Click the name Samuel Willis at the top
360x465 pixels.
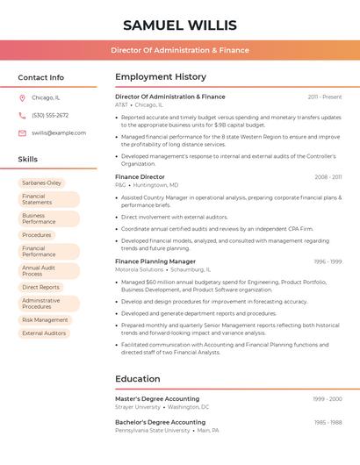click(180, 25)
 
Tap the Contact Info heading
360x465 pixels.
click(40, 77)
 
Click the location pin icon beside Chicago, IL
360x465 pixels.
click(22, 97)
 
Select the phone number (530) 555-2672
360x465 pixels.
click(50, 115)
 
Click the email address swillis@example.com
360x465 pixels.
click(59, 132)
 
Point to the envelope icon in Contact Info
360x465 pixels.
click(22, 132)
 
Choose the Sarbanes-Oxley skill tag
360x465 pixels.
click(42, 182)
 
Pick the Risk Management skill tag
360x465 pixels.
click(45, 320)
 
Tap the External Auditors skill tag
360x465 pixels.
click(44, 333)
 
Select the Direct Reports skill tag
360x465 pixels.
click(40, 287)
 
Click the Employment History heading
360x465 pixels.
click(161, 77)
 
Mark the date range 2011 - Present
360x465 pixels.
click(325, 97)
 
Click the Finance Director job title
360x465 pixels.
click(140, 176)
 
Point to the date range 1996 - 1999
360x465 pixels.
click(328, 261)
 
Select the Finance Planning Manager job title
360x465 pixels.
click(155, 261)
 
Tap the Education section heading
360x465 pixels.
click(137, 379)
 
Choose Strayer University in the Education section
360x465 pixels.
click(138, 407)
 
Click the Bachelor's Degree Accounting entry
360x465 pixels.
click(160, 422)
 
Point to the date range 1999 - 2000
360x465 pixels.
click(327, 399)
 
